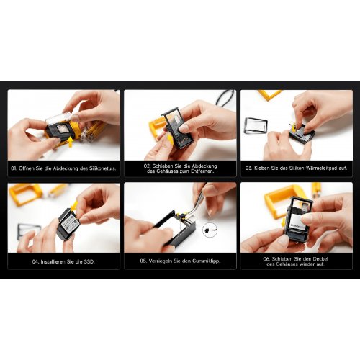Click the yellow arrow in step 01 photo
70,142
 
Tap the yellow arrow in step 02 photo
170,139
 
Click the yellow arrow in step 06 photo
284,222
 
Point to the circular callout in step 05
210,230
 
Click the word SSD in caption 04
89,261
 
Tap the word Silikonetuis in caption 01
102,168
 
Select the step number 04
35,261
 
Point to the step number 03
248,168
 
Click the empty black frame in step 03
256,125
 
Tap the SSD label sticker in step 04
71,225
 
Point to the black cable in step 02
225,99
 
